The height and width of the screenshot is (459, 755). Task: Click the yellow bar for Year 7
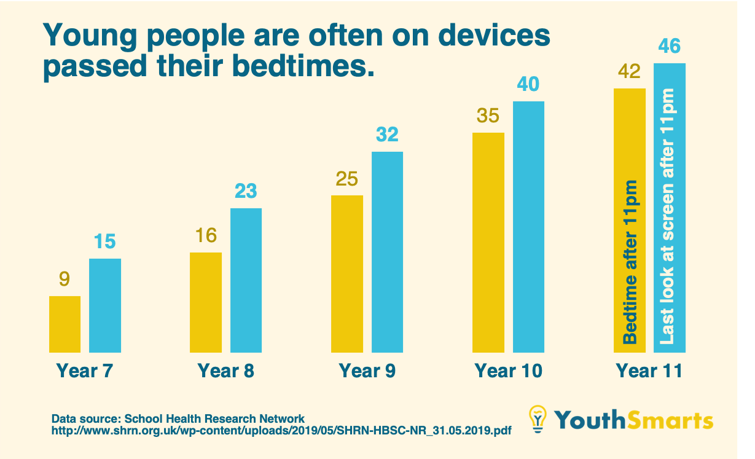tap(65, 324)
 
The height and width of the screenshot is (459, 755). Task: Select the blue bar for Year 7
tap(105, 305)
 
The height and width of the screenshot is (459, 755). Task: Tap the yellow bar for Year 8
tap(206, 302)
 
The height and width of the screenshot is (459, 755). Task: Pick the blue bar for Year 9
tap(387, 252)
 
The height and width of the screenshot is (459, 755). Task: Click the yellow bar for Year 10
tap(488, 243)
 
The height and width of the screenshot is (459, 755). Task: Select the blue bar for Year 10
tap(528, 227)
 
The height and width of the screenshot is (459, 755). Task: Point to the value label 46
tap(669, 47)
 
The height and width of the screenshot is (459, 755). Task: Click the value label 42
tap(629, 72)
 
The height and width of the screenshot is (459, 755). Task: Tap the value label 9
tap(65, 280)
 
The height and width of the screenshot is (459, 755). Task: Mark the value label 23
tap(246, 191)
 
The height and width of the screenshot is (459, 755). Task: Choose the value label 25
tap(347, 179)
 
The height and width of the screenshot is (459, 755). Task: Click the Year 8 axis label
tap(225, 371)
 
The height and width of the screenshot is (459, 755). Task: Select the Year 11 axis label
tap(649, 371)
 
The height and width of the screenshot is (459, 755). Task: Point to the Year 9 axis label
tap(367, 371)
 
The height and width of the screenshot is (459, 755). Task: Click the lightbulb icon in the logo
tap(538, 419)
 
